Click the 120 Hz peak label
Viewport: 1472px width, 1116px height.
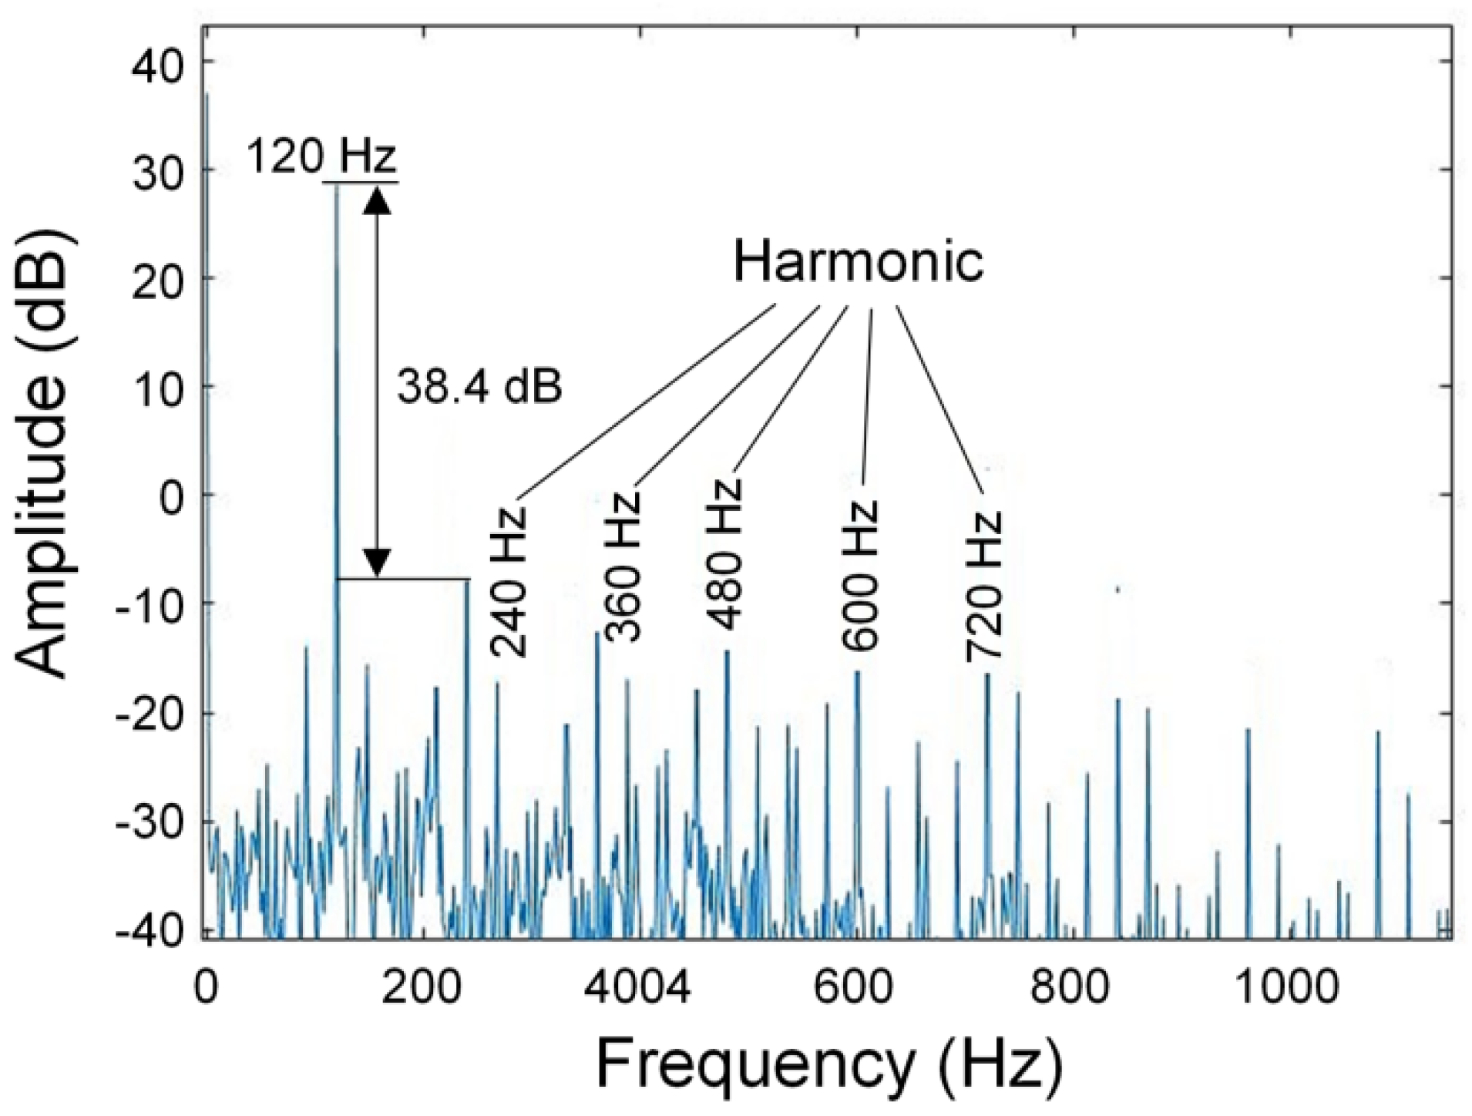click(321, 157)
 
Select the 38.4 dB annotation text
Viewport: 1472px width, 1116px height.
click(479, 386)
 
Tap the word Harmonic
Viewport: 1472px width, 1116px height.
click(858, 262)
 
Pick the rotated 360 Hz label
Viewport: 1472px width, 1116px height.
click(623, 565)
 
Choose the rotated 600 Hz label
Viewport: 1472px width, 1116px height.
click(860, 575)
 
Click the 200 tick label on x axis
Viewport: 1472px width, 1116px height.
click(422, 987)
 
